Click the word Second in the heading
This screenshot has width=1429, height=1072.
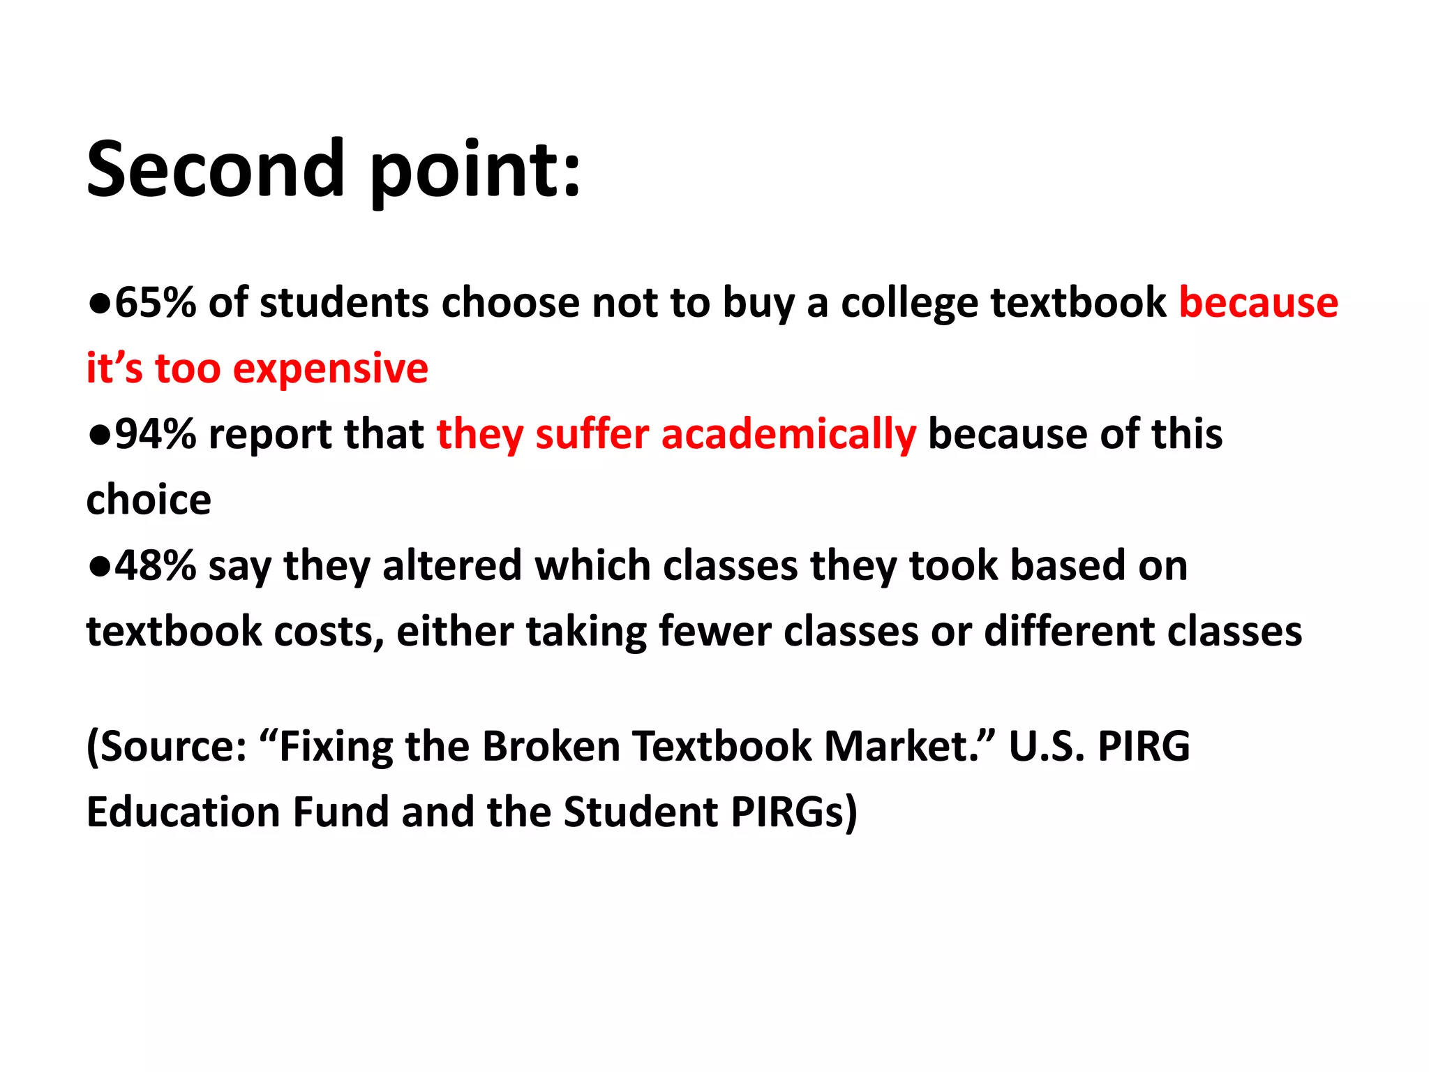(x=215, y=170)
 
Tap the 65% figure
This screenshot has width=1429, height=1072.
(x=155, y=303)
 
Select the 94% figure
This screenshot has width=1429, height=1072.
(x=155, y=434)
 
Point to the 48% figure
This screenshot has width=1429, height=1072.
(x=155, y=565)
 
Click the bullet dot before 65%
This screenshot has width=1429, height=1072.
(x=99, y=303)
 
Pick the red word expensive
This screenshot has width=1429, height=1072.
(x=330, y=370)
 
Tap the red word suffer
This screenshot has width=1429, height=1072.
(x=592, y=434)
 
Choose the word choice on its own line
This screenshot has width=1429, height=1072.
(x=149, y=500)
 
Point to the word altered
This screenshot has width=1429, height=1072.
(x=451, y=565)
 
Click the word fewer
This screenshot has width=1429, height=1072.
(x=714, y=631)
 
